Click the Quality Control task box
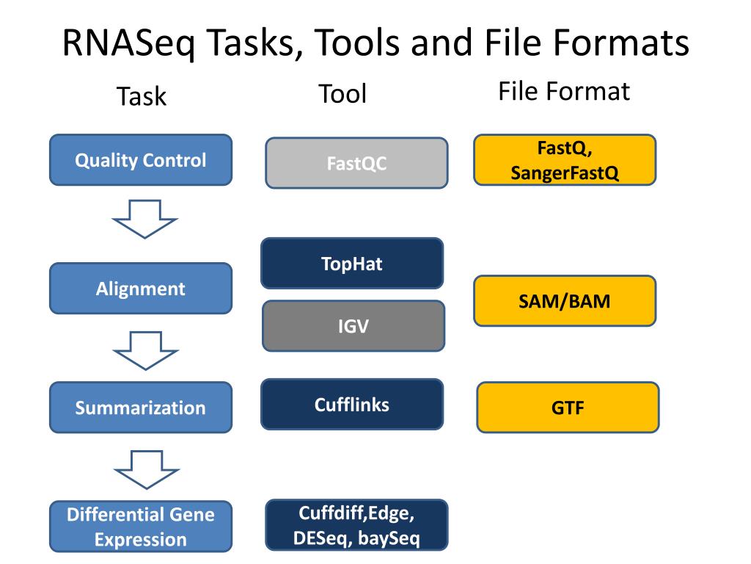tap(140, 159)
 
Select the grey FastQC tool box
tap(356, 163)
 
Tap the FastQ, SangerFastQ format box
tap(565, 159)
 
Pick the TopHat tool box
tap(351, 263)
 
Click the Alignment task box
tap(140, 288)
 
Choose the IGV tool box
tap(353, 325)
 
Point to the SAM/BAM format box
tap(564, 300)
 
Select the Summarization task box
tap(140, 407)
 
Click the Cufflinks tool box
tap(351, 404)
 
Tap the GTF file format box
tap(568, 408)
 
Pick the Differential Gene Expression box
tap(140, 527)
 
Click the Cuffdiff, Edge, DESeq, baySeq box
tap(356, 525)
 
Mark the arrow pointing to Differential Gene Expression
tap(144, 470)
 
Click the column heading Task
tap(142, 96)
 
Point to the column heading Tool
tap(342, 94)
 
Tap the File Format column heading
tap(563, 91)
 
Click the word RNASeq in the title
tap(128, 44)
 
